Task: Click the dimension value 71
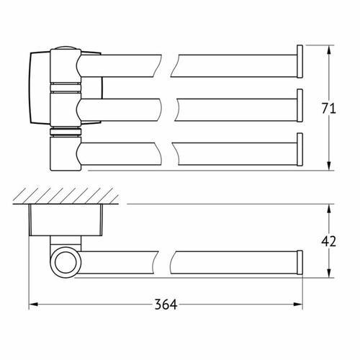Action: coord(328,109)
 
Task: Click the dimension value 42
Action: coord(328,241)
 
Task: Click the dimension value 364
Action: coord(166,305)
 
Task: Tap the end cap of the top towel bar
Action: coord(300,61)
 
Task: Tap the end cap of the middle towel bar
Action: coord(300,105)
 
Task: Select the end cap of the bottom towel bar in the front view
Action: coord(300,149)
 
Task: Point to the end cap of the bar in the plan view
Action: coord(300,262)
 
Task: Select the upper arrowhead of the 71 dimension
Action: coord(329,50)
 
